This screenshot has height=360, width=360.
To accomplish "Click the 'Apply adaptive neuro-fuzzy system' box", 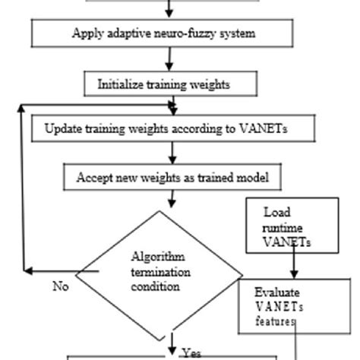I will click(163, 33).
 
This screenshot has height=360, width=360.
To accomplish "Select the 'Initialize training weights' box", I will click(163, 85).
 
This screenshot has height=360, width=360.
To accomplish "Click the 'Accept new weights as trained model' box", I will click(172, 178).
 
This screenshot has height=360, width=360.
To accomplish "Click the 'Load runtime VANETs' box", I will click(292, 227).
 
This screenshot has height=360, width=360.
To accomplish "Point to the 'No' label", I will click(61, 286).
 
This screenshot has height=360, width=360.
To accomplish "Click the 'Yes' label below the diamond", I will click(191, 352).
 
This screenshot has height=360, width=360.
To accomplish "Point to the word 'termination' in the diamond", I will click(160, 272).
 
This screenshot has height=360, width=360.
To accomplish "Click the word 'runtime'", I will click(282, 227).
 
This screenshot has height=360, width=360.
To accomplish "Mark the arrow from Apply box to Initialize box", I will click(170, 60).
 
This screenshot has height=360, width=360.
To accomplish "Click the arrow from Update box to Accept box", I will click(172, 153).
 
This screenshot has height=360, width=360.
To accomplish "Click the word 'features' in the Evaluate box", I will click(275, 321).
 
